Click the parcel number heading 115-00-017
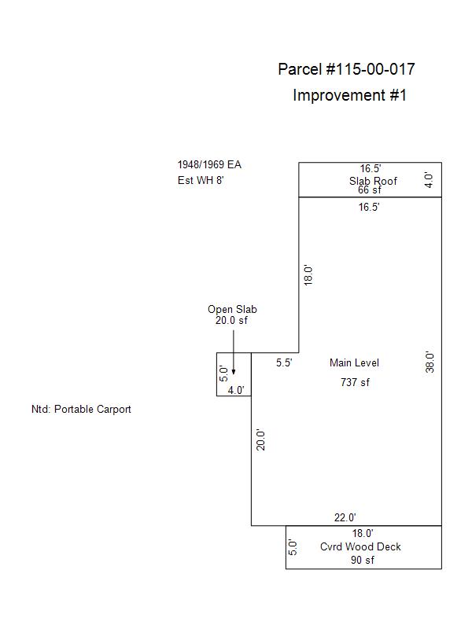346,69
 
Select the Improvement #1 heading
349,95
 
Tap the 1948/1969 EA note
209,165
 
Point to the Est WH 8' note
201,180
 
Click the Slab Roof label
374,181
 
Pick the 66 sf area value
370,190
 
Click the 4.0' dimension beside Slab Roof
430,180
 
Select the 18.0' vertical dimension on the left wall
309,274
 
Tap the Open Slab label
232,310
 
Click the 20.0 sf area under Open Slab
232,320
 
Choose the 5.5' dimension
284,363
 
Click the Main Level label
354,363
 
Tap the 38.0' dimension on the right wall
430,362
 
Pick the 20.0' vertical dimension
262,439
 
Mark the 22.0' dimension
345,517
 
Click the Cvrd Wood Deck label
360,546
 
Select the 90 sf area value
362,561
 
